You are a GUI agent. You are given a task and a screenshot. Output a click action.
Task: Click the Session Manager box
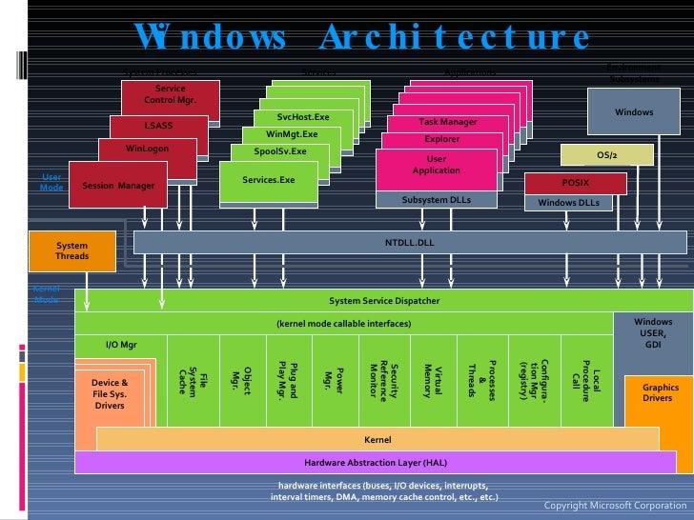(x=118, y=186)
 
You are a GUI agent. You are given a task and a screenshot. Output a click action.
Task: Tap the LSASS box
(x=158, y=125)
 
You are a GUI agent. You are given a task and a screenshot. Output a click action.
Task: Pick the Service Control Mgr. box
(x=170, y=94)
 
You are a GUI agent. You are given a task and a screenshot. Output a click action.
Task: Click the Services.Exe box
(x=269, y=179)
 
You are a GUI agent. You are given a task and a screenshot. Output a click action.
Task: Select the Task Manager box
(x=447, y=122)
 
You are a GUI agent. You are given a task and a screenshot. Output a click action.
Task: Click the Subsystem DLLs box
(x=436, y=200)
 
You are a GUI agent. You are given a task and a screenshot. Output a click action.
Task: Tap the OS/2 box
(x=606, y=154)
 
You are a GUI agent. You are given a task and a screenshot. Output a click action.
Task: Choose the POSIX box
(x=575, y=182)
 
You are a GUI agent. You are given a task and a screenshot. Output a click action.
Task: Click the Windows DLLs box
(x=569, y=202)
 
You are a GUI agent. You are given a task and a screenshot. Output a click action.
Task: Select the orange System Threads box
(x=71, y=250)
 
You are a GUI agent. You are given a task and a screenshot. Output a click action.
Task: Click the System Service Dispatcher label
(x=384, y=300)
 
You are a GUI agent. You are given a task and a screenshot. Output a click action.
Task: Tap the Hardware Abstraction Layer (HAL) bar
(x=375, y=462)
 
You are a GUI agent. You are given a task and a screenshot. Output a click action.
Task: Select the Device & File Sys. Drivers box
(x=110, y=393)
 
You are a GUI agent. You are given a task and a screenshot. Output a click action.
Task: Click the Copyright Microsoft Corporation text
(x=615, y=505)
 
